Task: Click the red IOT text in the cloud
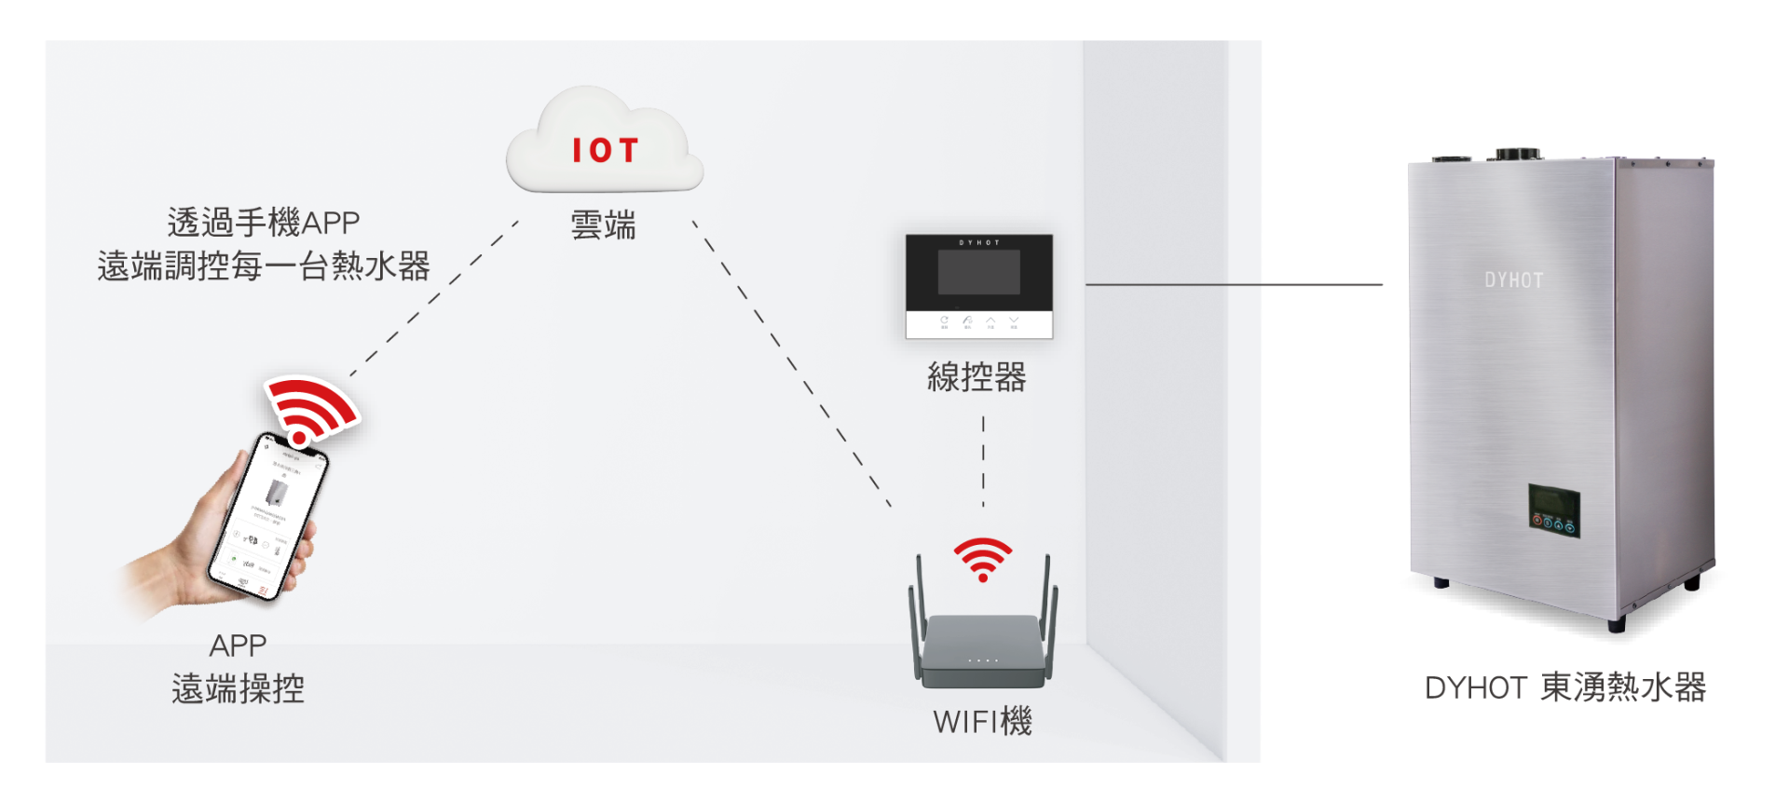605,151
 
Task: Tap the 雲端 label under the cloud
603,226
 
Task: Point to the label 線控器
976,377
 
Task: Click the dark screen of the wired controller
978,272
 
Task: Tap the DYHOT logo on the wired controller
979,242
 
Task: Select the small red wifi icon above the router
982,558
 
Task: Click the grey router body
982,652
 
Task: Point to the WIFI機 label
982,722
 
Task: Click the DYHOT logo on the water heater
1513,280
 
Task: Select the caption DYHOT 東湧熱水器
1565,687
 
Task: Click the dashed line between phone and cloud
433,298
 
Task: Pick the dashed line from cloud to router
792,363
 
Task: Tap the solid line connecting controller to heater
1235,285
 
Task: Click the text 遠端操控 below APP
239,689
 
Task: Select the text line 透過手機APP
264,224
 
